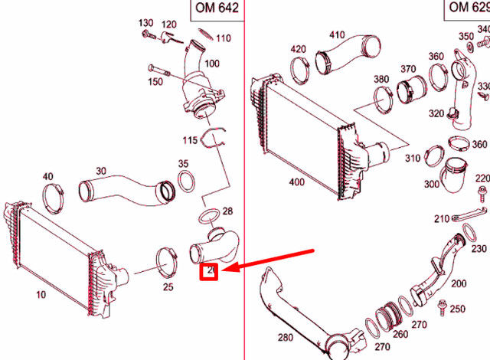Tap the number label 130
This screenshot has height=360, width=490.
pos(145,23)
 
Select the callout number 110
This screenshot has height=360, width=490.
pos(223,38)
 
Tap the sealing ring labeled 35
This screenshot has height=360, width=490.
pos(185,183)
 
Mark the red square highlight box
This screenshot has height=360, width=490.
pos(209,271)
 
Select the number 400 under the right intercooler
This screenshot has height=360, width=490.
pos(296,182)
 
